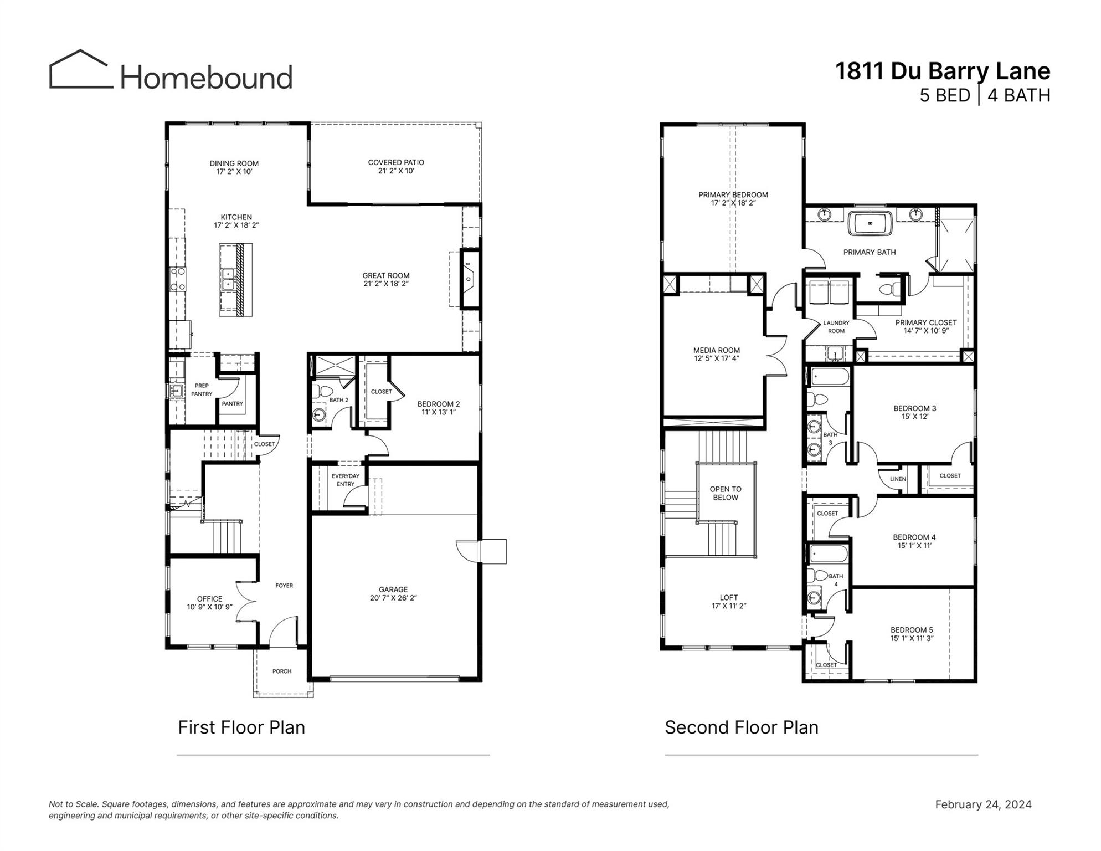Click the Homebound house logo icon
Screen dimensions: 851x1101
pyautogui.click(x=81, y=70)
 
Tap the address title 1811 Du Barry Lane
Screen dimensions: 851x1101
pyautogui.click(x=942, y=71)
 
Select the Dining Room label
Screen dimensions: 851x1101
pyautogui.click(x=234, y=163)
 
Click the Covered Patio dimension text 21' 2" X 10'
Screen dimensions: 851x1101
pyautogui.click(x=396, y=171)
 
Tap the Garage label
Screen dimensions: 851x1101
pyautogui.click(x=393, y=589)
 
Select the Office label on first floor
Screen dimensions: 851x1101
pyautogui.click(x=209, y=599)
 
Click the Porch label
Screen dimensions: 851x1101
pyautogui.click(x=281, y=671)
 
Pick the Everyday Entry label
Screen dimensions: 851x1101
pyautogui.click(x=345, y=480)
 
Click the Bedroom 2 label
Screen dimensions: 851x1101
pyautogui.click(x=438, y=404)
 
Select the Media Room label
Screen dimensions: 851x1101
pyautogui.click(x=716, y=350)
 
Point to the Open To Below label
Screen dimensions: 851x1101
pyautogui.click(x=725, y=493)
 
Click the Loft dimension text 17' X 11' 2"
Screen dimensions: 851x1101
pyautogui.click(x=728, y=606)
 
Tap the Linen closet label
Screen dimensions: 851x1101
pyautogui.click(x=898, y=479)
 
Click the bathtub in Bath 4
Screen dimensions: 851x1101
pyautogui.click(x=829, y=555)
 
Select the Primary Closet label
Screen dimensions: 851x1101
pyautogui.click(x=925, y=322)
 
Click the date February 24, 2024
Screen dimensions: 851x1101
pyautogui.click(x=982, y=804)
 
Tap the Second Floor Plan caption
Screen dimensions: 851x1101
pyautogui.click(x=741, y=727)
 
